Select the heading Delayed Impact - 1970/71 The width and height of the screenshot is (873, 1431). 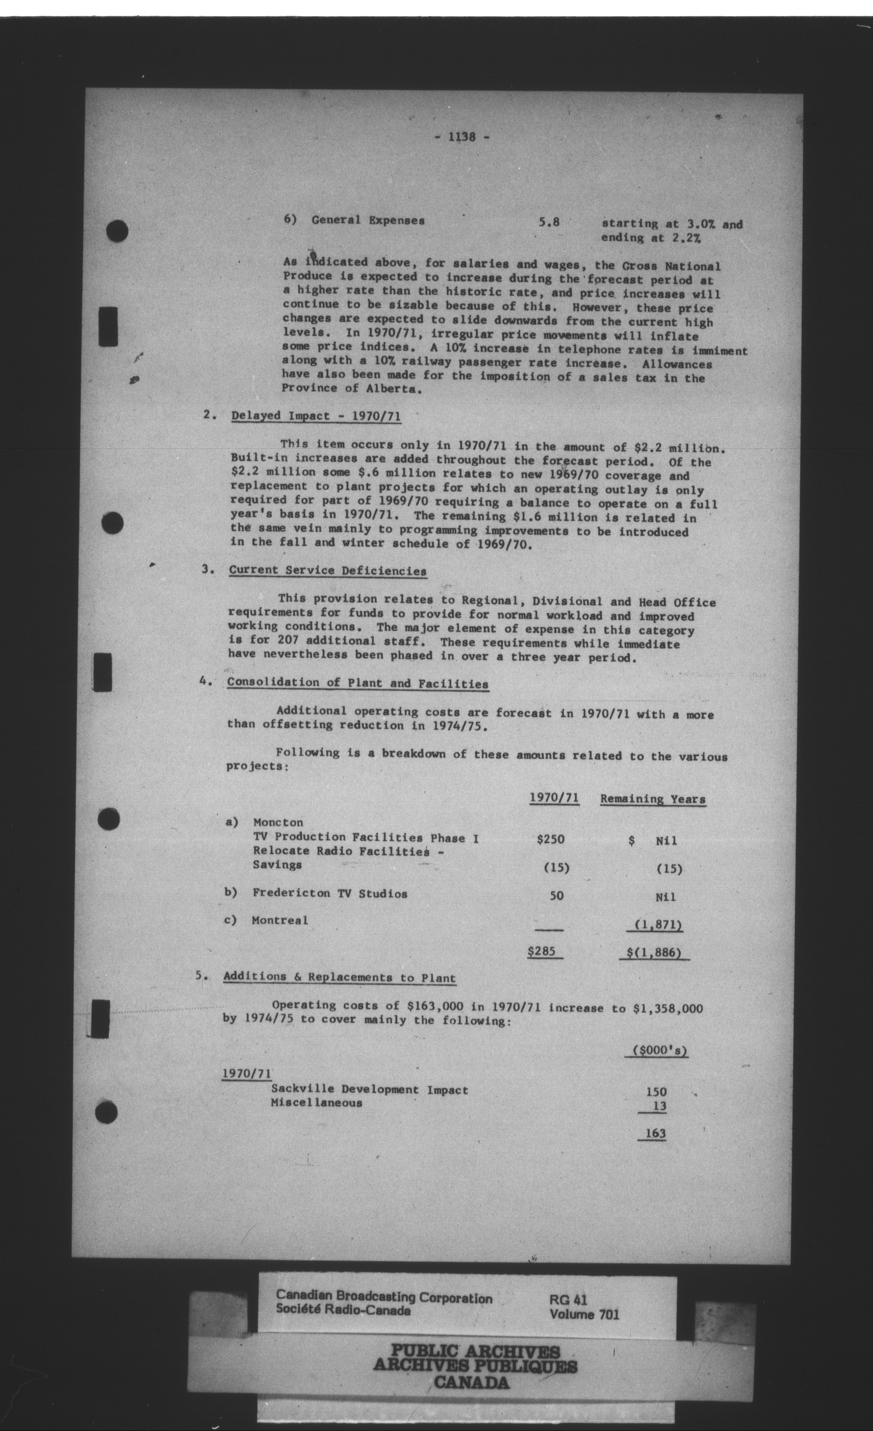316,416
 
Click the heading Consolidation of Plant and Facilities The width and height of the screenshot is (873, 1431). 358,683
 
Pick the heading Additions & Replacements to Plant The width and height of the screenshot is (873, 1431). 339,978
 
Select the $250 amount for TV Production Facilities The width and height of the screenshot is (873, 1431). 550,839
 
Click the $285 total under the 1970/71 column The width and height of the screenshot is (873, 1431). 542,951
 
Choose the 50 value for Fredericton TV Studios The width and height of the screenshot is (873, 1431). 556,895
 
